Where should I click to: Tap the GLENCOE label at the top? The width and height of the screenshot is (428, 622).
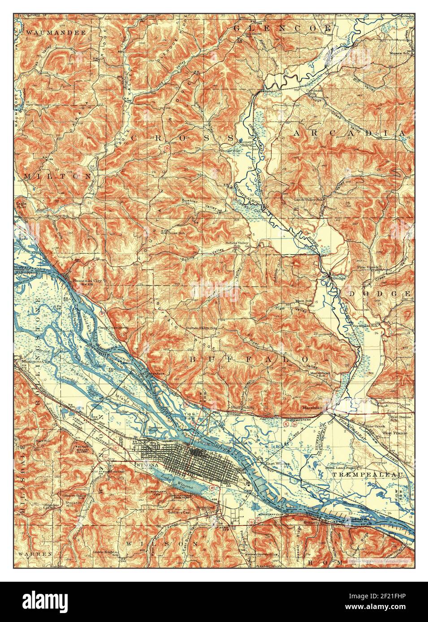(282, 28)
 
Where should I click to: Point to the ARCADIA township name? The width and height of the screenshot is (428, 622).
(350, 133)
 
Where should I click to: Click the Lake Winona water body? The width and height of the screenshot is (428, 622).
(183, 485)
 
